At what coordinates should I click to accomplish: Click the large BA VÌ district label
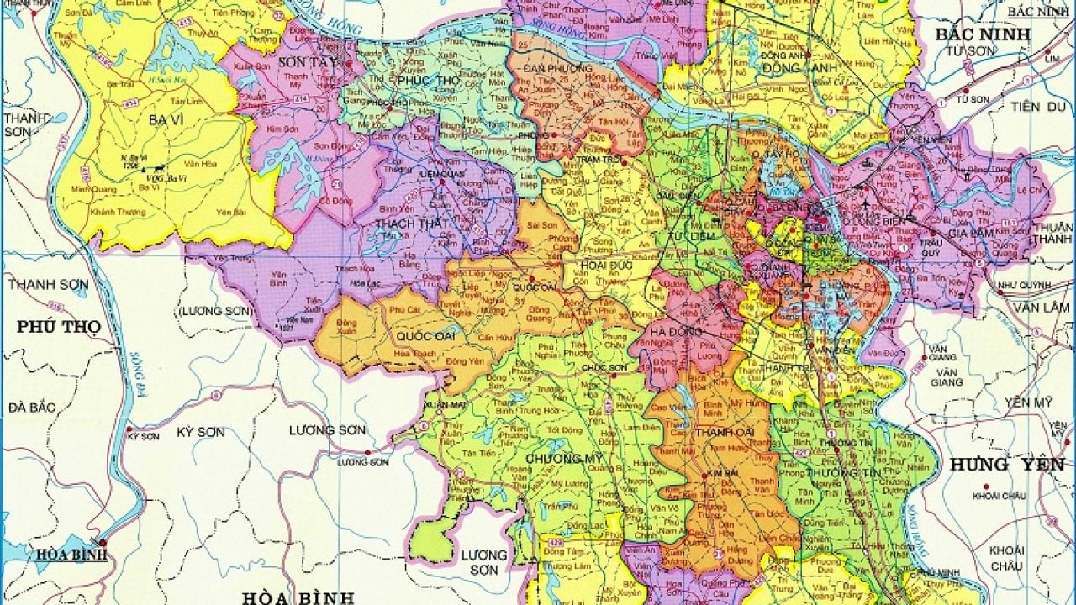click(x=166, y=120)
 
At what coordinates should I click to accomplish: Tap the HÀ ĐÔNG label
click(x=670, y=331)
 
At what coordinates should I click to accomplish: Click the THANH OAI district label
click(x=717, y=433)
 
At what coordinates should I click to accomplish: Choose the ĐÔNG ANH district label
click(x=789, y=67)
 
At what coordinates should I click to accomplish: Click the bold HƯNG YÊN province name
click(x=1006, y=464)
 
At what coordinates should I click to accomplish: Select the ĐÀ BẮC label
click(x=32, y=408)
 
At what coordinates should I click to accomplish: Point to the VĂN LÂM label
click(x=1041, y=307)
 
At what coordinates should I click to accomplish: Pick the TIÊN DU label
click(x=1037, y=106)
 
